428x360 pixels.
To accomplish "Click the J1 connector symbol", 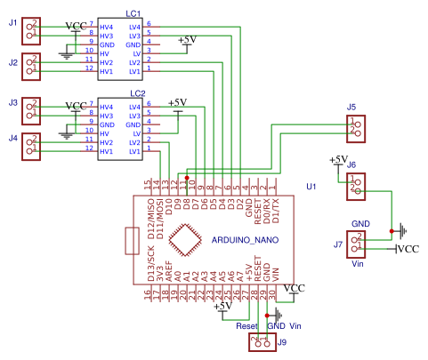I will [x=31, y=30].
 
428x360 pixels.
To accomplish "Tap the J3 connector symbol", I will [x=31, y=110].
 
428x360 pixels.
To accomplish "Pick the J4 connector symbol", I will [x=31, y=144].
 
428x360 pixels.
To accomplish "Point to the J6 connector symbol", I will [x=355, y=185].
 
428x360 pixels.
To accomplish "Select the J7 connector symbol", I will [x=356, y=242].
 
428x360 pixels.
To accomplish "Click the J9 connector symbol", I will [x=262, y=341].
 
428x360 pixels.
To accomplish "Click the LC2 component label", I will [x=136, y=92].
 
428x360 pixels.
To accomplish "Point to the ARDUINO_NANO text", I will [x=246, y=241].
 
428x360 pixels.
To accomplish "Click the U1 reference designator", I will [x=311, y=187].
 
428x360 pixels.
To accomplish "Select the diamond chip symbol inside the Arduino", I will [x=184, y=240].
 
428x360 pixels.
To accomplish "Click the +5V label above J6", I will [x=338, y=160].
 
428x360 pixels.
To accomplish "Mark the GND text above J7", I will [x=359, y=222].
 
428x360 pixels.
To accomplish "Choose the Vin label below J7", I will [x=359, y=264].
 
